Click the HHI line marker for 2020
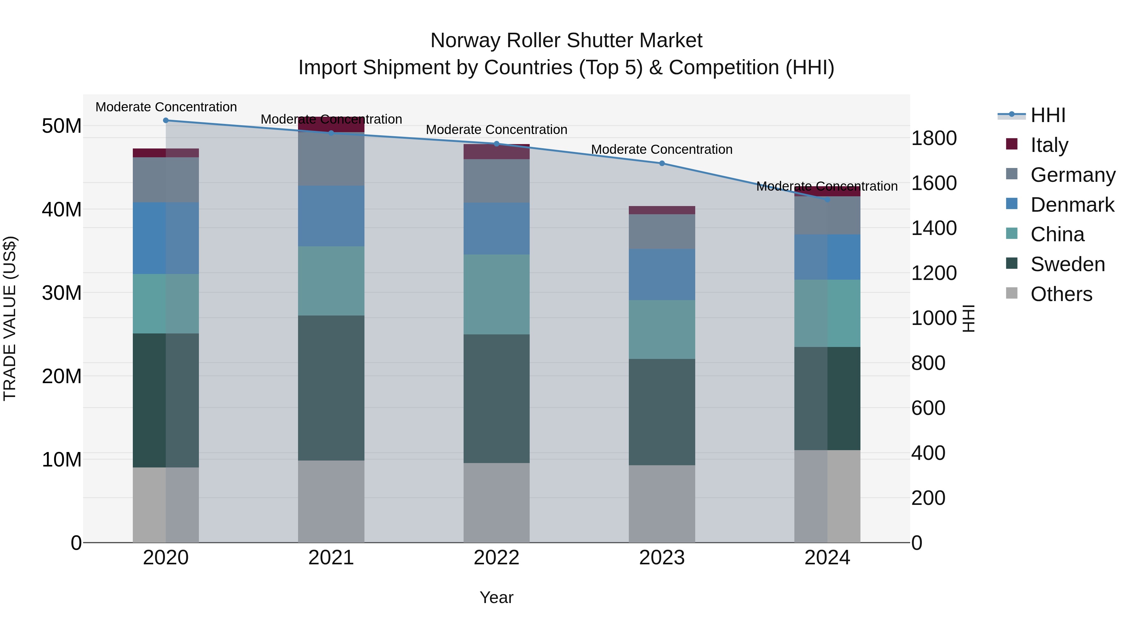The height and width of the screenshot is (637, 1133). click(166, 120)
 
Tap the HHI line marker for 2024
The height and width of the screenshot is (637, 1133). click(827, 199)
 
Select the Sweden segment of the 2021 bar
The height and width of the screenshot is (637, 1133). click(331, 388)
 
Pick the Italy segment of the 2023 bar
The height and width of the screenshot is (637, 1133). click(662, 210)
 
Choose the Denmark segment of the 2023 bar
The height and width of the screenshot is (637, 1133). click(662, 275)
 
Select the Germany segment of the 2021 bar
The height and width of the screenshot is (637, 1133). click(331, 159)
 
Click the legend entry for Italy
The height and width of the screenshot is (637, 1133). click(1049, 145)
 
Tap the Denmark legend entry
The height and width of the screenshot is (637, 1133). click(1072, 205)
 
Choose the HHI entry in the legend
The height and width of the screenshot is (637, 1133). click(1048, 115)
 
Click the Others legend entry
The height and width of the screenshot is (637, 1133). click(1061, 294)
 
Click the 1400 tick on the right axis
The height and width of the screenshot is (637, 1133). click(933, 228)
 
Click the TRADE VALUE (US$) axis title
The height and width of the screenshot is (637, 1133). click(10, 318)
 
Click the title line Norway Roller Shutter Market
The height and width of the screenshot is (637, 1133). click(566, 41)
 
